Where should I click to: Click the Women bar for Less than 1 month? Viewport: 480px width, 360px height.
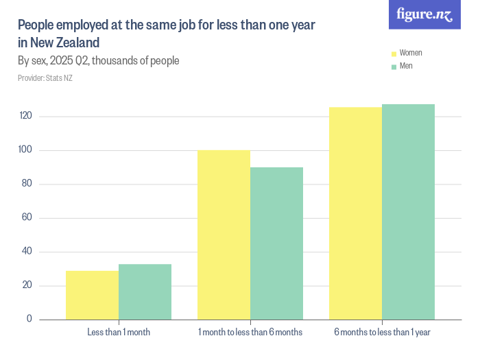click(92, 295)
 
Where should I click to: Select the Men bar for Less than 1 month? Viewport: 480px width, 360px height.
click(145, 291)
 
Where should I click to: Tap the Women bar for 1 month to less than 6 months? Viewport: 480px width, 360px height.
click(224, 235)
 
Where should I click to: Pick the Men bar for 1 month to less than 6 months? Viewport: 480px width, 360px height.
click(276, 243)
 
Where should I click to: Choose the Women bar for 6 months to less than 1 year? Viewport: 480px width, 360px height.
click(355, 213)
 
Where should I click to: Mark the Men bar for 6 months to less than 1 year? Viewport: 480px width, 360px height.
click(408, 211)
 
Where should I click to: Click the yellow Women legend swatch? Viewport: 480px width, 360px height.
click(394, 53)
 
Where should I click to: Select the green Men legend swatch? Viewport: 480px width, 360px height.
click(394, 67)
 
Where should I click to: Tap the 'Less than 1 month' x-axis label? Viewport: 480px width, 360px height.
click(119, 333)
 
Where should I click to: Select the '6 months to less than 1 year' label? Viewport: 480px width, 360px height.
click(382, 333)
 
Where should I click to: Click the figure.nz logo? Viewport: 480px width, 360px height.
click(425, 14)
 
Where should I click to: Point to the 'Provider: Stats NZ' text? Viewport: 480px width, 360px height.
click(45, 78)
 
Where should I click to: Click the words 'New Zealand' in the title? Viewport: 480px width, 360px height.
click(63, 43)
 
